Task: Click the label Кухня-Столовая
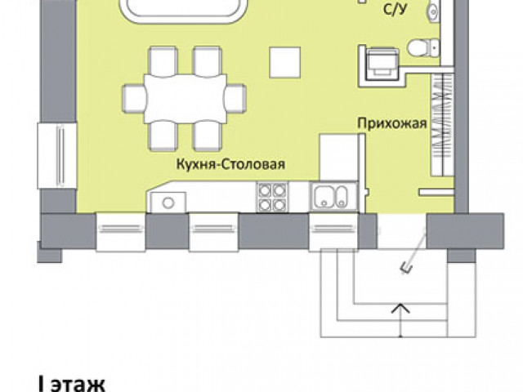click(x=230, y=164)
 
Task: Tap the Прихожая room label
click(x=392, y=123)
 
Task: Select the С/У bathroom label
click(x=396, y=9)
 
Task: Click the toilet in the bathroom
click(x=423, y=48)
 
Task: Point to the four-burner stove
click(x=272, y=197)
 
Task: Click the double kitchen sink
click(x=333, y=197)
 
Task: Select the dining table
click(x=186, y=99)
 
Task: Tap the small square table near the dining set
click(x=285, y=62)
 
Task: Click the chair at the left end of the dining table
click(x=134, y=99)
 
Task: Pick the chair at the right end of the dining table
click(x=235, y=99)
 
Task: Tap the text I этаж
click(x=72, y=384)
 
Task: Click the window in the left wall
click(x=57, y=155)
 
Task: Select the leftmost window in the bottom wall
click(x=121, y=232)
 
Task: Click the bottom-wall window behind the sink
click(x=333, y=232)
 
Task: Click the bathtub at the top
click(x=184, y=11)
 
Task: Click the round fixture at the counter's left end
click(x=168, y=203)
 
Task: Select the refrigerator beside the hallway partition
click(x=339, y=158)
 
